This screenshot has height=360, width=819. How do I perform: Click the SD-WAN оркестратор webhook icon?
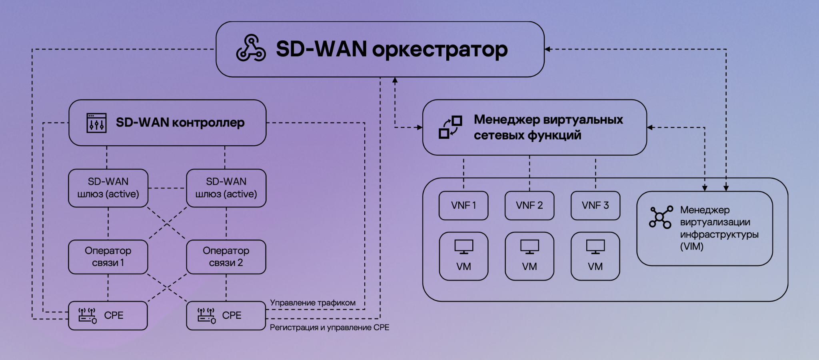point(251,49)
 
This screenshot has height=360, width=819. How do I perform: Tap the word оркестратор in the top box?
point(440,50)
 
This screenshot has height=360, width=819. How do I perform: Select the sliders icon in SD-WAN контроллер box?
point(96,123)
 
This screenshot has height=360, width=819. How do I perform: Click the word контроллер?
point(208,122)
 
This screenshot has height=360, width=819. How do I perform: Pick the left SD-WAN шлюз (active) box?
point(108,188)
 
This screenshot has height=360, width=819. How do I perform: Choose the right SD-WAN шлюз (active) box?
point(226,188)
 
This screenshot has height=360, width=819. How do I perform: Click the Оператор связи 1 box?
point(108,257)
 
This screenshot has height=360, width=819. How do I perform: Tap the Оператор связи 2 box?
point(226,257)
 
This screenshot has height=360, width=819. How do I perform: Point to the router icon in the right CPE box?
point(206,316)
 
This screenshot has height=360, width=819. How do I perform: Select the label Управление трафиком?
point(312,303)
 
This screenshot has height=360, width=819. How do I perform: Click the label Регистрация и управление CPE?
point(329,328)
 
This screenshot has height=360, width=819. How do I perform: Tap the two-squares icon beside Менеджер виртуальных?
point(450,127)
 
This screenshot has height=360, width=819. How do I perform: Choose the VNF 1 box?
point(463,206)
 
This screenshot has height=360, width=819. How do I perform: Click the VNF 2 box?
point(529,206)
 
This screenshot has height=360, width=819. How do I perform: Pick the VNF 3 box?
point(595,206)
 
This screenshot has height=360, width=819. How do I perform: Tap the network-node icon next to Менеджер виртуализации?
point(660,218)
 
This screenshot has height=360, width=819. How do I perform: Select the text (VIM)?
point(691,247)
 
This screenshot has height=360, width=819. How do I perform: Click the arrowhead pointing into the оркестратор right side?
point(548,49)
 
